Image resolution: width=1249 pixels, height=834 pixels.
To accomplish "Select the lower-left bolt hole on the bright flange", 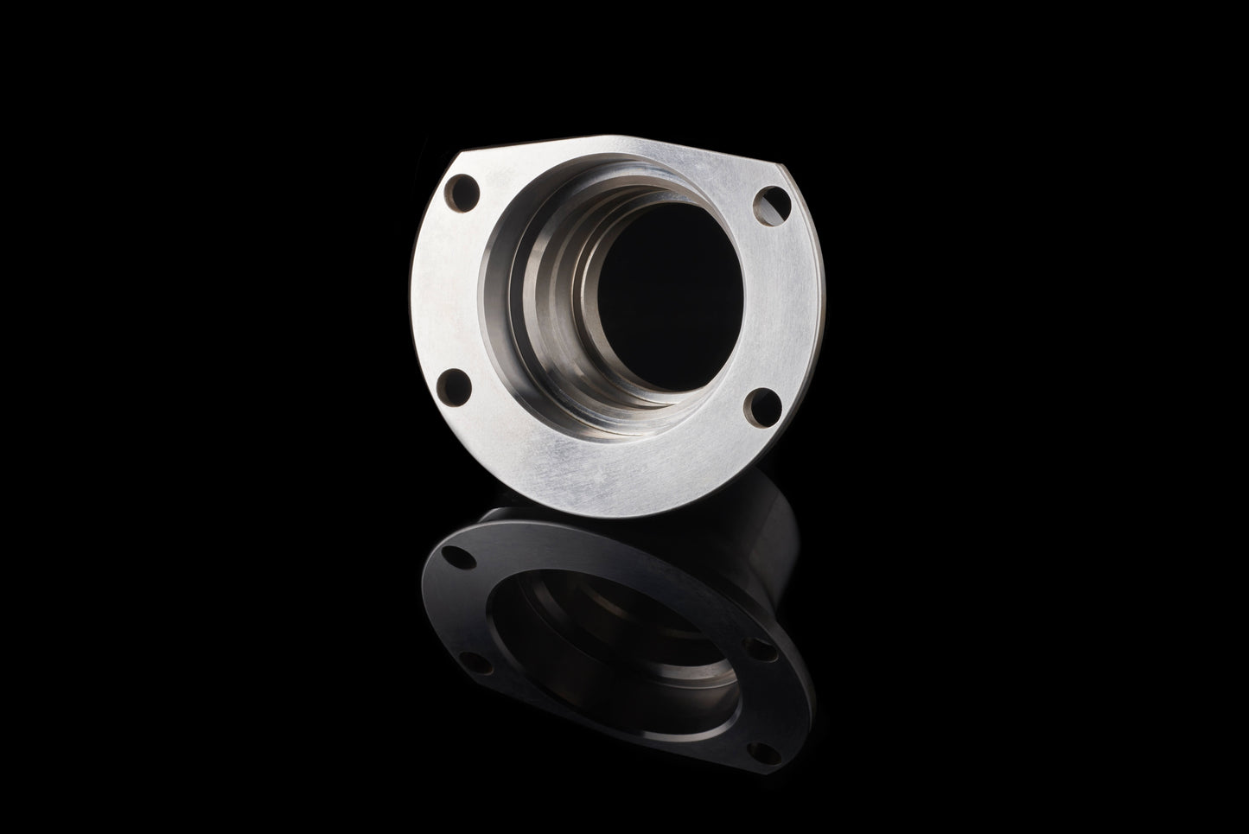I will (455, 381).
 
